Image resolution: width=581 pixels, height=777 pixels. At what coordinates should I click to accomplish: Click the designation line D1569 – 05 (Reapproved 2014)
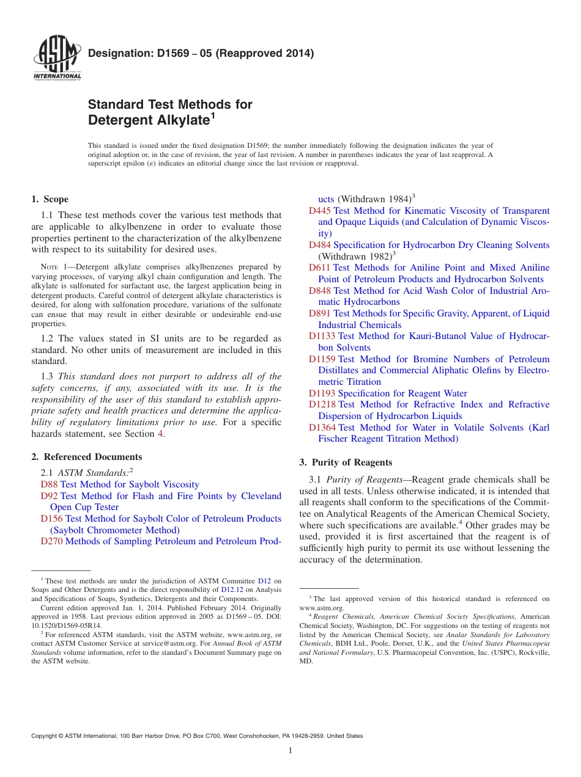tap(201, 53)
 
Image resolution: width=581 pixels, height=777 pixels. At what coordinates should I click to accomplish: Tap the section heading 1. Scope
tap(50, 199)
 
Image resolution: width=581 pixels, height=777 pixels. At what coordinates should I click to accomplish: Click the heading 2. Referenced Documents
tap(87, 457)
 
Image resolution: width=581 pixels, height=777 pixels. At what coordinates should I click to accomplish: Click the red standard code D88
tap(49, 484)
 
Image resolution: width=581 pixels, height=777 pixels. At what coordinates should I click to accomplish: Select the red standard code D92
tap(49, 496)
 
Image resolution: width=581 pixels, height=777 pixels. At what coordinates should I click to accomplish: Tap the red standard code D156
tap(51, 519)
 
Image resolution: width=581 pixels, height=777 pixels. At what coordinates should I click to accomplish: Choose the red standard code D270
tap(51, 541)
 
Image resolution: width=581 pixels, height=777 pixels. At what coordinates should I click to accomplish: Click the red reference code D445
tap(319, 211)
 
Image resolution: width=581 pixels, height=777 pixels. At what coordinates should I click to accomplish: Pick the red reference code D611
tap(319, 268)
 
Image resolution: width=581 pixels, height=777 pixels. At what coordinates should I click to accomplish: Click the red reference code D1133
tap(322, 336)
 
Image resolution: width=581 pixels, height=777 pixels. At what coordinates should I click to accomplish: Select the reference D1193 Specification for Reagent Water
tap(388, 393)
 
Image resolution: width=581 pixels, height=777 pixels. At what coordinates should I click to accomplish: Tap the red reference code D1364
tap(322, 428)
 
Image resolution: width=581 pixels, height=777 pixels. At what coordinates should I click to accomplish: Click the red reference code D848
tap(319, 291)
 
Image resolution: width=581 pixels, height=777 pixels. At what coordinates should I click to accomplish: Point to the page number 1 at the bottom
tap(290, 751)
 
